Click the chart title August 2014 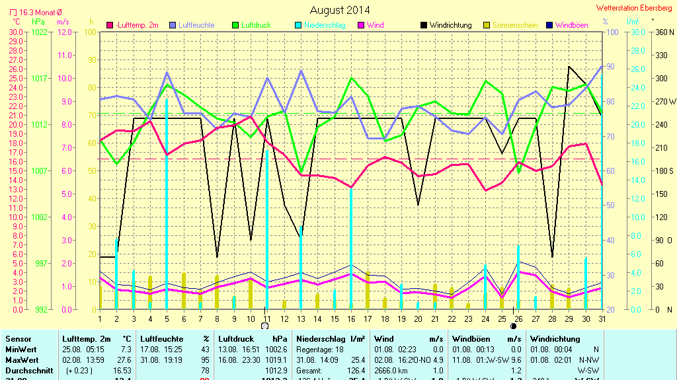coord(340,10)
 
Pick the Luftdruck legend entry coord(256,25)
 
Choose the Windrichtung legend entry coord(450,25)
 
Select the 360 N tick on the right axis coord(662,32)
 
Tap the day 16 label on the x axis coord(351,319)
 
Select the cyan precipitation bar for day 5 coord(166,204)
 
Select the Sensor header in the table coord(19,338)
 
